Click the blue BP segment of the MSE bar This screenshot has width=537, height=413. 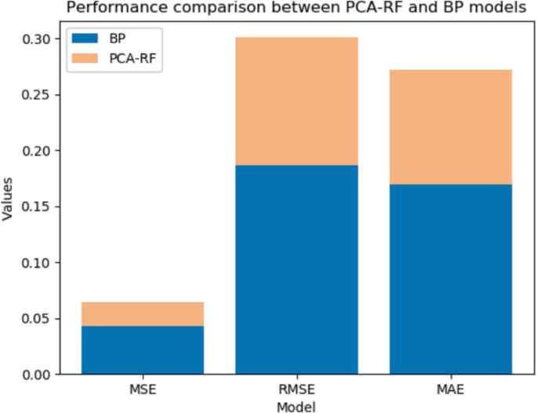(143, 350)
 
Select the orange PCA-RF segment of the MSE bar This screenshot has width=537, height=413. (143, 314)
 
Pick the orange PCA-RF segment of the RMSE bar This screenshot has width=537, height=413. (296, 101)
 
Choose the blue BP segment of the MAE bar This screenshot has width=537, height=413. (450, 279)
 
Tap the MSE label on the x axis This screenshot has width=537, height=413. (143, 389)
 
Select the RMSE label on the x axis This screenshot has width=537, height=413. (296, 389)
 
